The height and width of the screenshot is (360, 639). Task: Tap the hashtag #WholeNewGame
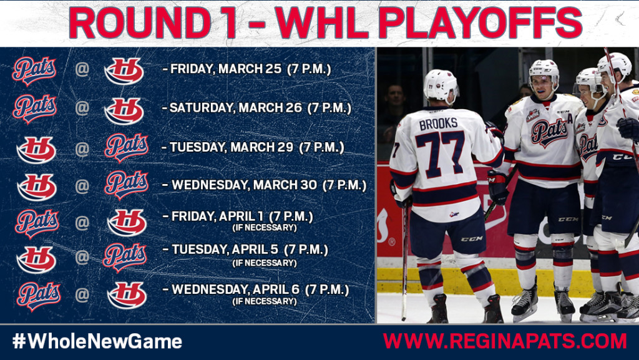pyautogui.click(x=97, y=341)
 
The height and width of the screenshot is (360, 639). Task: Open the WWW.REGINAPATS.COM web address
pyautogui.click(x=505, y=341)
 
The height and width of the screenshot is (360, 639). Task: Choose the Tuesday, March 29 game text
pyautogui.click(x=228, y=147)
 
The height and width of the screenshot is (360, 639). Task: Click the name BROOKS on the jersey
pyautogui.click(x=438, y=124)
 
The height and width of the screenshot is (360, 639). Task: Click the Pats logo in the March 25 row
pyautogui.click(x=34, y=70)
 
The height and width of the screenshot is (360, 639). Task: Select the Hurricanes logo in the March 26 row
pyautogui.click(x=124, y=110)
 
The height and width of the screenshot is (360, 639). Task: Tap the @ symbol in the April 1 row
pyautogui.click(x=82, y=221)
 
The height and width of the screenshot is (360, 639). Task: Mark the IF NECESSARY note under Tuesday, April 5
pyautogui.click(x=264, y=263)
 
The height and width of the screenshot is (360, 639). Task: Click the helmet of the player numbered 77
pyautogui.click(x=441, y=85)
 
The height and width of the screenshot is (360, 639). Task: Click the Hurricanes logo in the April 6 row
pyautogui.click(x=126, y=294)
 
